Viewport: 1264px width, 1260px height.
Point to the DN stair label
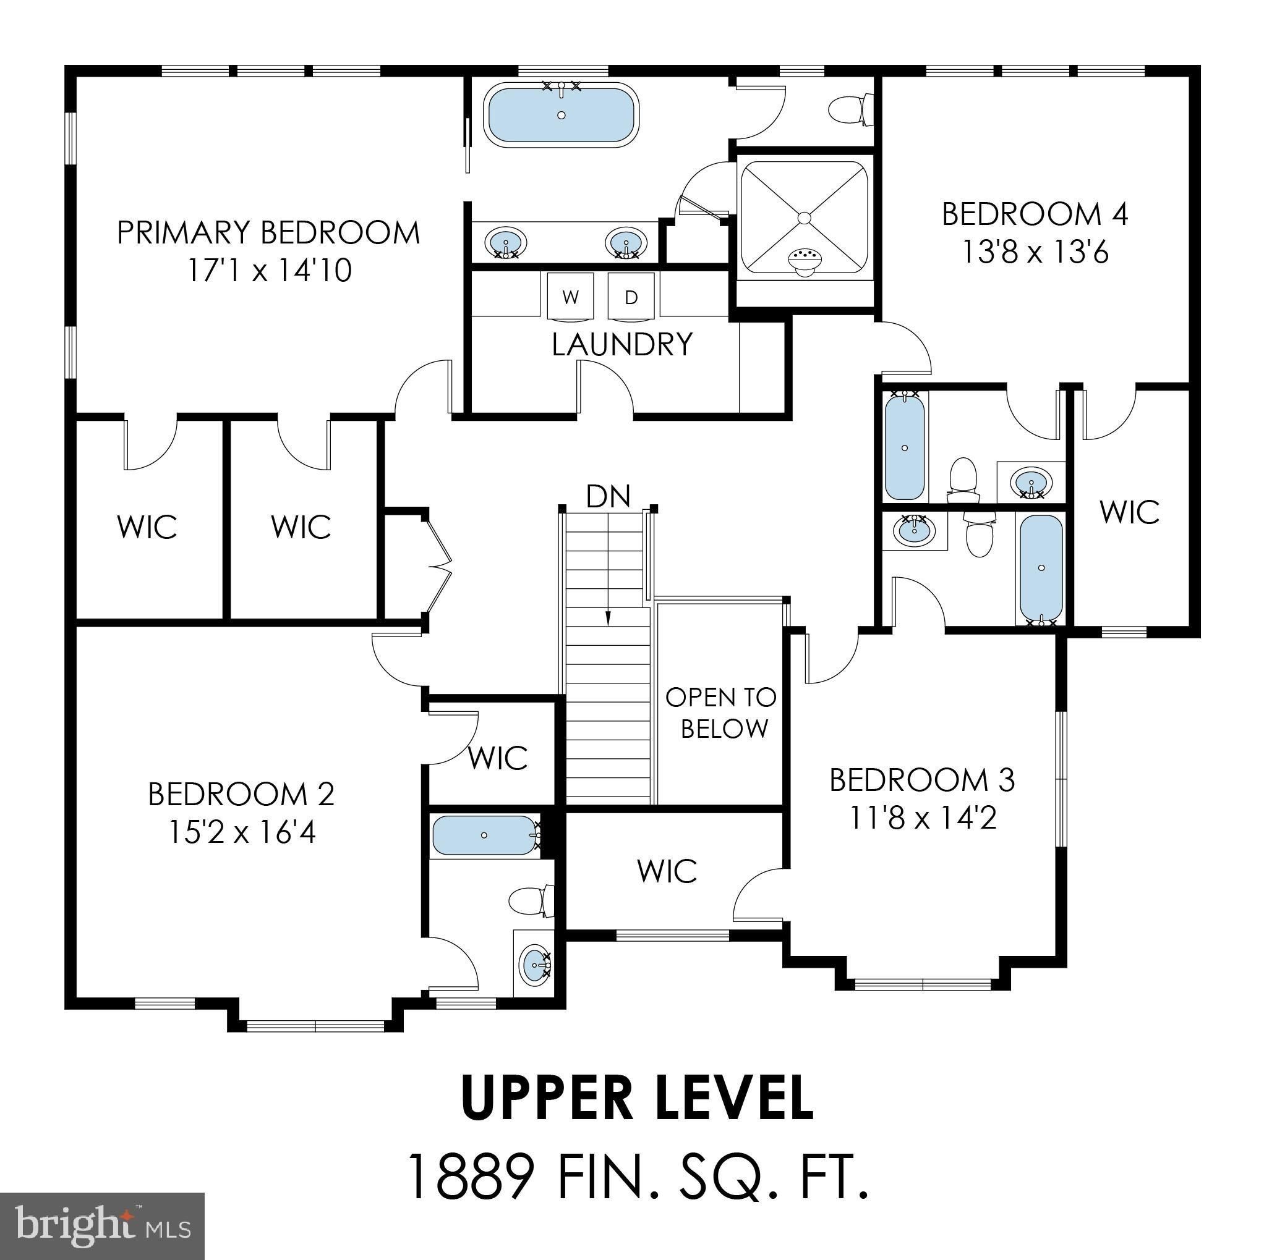click(608, 497)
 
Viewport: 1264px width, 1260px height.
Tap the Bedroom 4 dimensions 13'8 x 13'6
click(1035, 252)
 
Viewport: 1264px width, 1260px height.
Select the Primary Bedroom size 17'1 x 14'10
click(270, 270)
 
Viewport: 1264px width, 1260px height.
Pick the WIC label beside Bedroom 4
click(1129, 512)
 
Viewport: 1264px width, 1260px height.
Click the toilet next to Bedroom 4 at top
click(850, 110)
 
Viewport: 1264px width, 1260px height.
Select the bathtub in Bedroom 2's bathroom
click(484, 835)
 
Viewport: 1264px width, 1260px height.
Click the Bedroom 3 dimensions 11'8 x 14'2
click(922, 818)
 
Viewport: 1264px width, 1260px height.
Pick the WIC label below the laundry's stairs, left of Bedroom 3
click(667, 871)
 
